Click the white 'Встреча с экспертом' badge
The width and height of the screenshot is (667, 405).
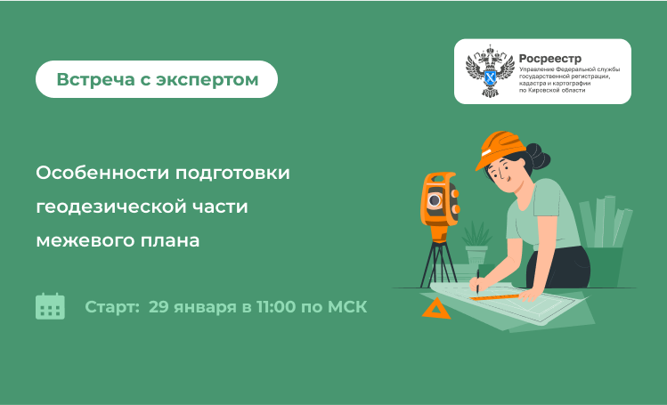click(x=157, y=79)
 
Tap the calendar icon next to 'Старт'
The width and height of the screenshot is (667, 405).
click(x=50, y=306)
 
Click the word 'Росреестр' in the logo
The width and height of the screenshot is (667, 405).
click(x=550, y=59)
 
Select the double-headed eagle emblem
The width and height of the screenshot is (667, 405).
click(x=490, y=71)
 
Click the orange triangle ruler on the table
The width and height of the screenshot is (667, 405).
click(x=436, y=309)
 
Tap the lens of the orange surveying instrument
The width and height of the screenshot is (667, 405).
click(x=435, y=200)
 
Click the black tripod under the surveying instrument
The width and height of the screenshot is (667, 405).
click(x=438, y=263)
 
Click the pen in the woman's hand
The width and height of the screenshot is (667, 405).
click(x=477, y=282)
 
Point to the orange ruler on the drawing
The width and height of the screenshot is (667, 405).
click(x=494, y=297)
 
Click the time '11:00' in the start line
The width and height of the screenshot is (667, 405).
click(x=276, y=307)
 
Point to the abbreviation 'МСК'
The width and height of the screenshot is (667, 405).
click(x=347, y=307)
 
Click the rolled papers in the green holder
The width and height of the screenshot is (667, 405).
click(x=606, y=222)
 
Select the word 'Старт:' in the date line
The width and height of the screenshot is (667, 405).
click(x=112, y=307)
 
